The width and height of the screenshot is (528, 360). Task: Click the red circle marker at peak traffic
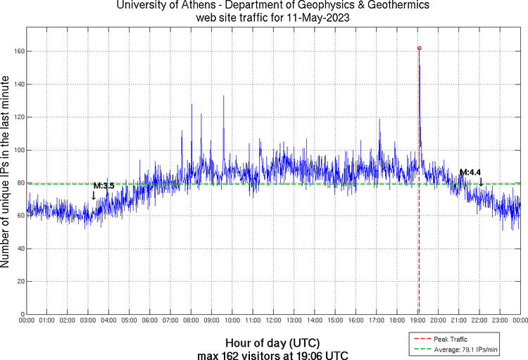pos(420,49)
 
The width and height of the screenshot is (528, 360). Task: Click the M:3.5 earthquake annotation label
pos(103,185)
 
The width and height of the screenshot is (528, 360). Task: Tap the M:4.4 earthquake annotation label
pos(470,172)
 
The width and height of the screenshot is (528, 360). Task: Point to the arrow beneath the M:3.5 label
pos(94,196)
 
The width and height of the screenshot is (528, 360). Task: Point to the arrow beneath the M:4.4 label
pos(481,182)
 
